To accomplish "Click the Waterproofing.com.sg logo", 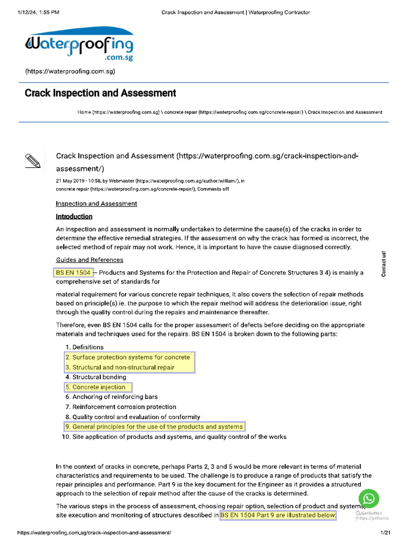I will pyautogui.click(x=79, y=46).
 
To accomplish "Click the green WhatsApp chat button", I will pyautogui.click(x=369, y=499).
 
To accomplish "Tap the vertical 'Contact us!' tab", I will pyautogui.click(x=384, y=263).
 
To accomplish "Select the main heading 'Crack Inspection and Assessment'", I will pyautogui.click(x=100, y=93).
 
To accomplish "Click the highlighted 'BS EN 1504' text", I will pyautogui.click(x=73, y=273).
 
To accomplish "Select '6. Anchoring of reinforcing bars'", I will pyautogui.click(x=115, y=397).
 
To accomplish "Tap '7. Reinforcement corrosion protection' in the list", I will pyautogui.click(x=124, y=407).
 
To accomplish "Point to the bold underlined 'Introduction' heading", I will pyautogui.click(x=74, y=217).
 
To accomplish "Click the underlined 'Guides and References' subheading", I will pyautogui.click(x=89, y=260).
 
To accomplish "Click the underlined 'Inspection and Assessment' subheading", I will pyautogui.click(x=96, y=203).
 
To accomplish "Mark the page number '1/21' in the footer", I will pyautogui.click(x=385, y=532).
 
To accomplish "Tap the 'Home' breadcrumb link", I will pyautogui.click(x=84, y=113).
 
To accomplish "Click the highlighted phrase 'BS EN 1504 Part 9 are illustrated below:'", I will pyautogui.click(x=278, y=515).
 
